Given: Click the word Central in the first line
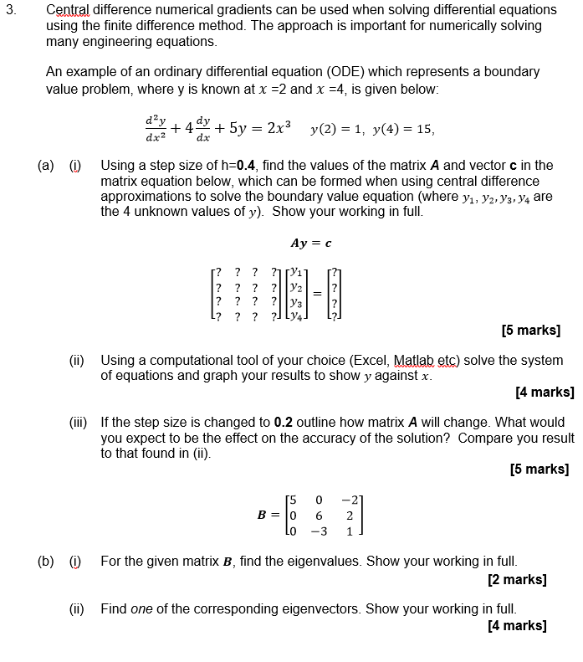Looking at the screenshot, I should coord(69,10).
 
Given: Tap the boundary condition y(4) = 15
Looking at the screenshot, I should coord(402,129).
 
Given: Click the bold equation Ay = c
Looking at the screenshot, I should coord(310,244).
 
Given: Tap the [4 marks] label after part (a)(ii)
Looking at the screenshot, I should coord(545,391).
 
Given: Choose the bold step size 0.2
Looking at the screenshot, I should coord(284,422).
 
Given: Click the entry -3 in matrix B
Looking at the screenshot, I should coord(317,531).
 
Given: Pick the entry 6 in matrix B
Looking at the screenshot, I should coord(319,516).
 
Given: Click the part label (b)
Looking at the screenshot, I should coord(47,561).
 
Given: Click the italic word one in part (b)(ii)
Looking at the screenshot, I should coord(141,608).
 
